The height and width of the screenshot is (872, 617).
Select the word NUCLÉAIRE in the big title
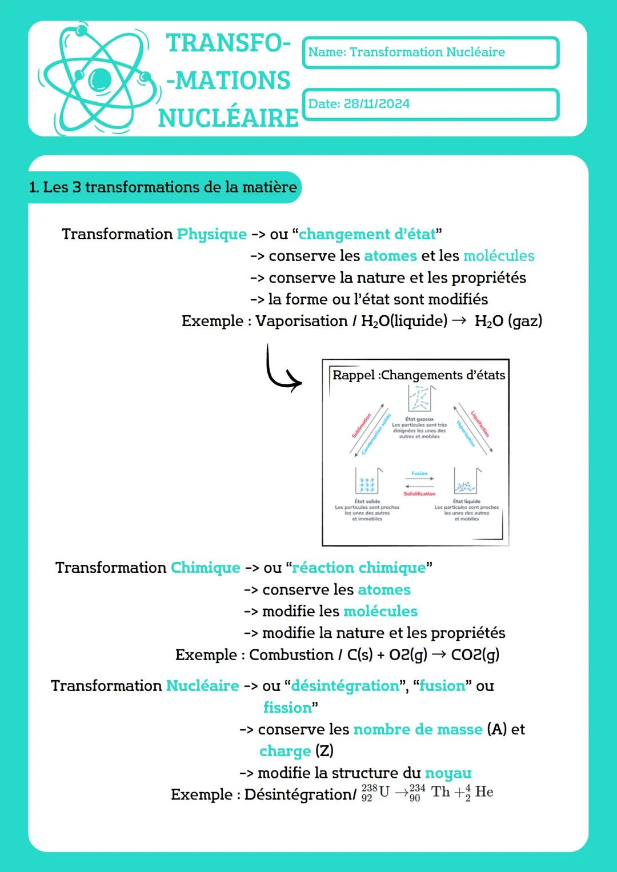click(229, 118)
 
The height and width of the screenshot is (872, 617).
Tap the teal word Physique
click(211, 234)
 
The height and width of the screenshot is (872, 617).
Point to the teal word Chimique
click(205, 568)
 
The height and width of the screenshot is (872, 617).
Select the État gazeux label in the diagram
click(420, 419)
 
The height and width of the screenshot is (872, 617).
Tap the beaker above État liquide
click(467, 481)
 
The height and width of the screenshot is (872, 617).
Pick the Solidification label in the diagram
click(419, 493)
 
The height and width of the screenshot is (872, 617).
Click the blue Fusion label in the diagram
click(419, 473)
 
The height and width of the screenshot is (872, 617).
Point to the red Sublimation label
click(362, 425)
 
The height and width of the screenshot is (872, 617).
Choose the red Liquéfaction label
click(480, 424)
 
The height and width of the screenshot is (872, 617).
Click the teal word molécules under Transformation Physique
click(499, 256)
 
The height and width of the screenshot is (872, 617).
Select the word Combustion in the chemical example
click(291, 654)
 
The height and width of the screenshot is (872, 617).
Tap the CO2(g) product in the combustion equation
click(475, 654)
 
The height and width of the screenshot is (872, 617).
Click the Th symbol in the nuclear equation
click(440, 791)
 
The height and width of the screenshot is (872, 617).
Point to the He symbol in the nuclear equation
click(484, 791)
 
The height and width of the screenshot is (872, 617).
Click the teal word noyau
click(448, 773)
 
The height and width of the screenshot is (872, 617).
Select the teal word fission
click(287, 708)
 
